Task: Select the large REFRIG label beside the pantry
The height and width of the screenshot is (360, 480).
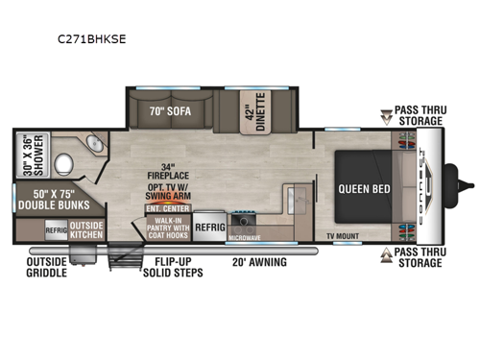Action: pos(208,227)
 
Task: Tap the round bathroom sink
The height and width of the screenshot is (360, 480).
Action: pos(95,143)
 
